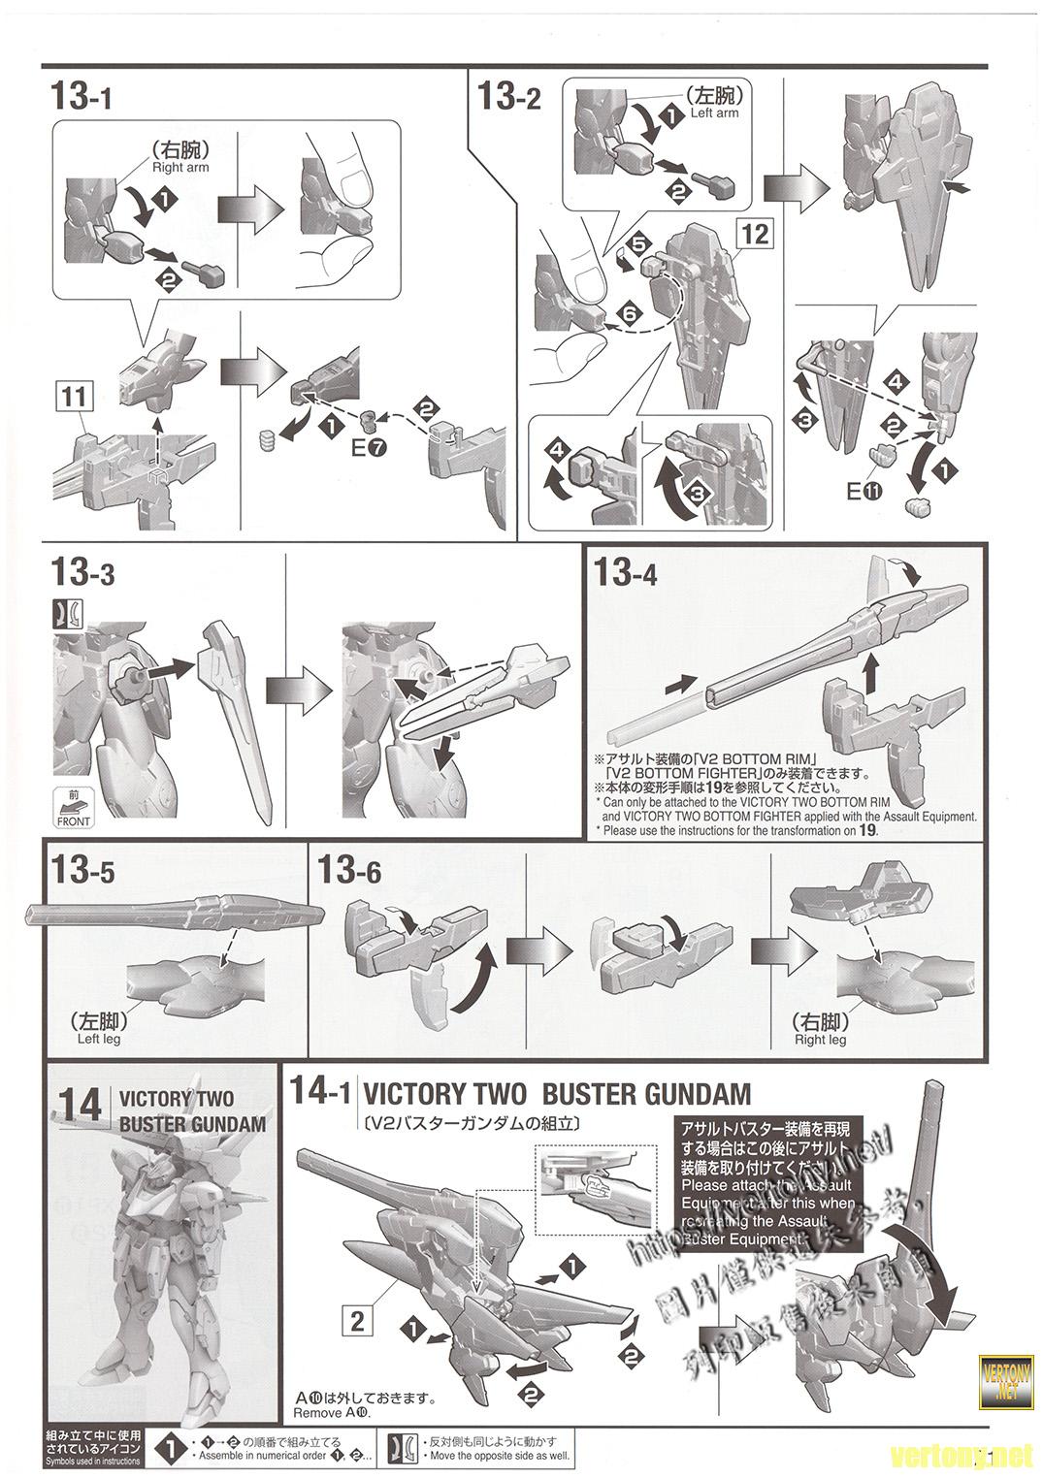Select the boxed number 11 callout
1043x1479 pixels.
point(76,398)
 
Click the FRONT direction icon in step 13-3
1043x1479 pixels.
point(74,808)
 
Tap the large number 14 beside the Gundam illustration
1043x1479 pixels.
point(79,1106)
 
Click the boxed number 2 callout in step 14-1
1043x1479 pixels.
point(358,1319)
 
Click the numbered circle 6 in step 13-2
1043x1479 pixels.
point(628,315)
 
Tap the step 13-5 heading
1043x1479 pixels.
point(83,871)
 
